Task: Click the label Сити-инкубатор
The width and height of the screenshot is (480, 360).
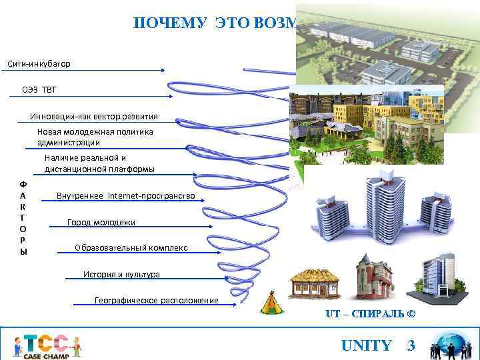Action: click(39, 64)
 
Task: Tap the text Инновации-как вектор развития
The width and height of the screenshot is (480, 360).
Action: click(94, 116)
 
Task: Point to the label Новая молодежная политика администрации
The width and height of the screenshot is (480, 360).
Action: click(95, 137)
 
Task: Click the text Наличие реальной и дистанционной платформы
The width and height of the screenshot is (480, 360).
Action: click(99, 163)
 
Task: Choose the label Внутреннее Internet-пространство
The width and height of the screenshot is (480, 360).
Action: click(125, 195)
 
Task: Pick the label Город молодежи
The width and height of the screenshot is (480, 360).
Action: click(101, 222)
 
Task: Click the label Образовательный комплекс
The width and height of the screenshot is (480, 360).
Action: click(131, 248)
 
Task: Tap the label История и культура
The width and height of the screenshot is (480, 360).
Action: click(121, 274)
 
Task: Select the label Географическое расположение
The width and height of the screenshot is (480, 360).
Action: click(157, 301)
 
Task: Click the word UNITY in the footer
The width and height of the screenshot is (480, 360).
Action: click(366, 345)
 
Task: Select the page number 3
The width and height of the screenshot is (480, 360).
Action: click(411, 345)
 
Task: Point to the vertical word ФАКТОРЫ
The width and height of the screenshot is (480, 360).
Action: click(23, 217)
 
